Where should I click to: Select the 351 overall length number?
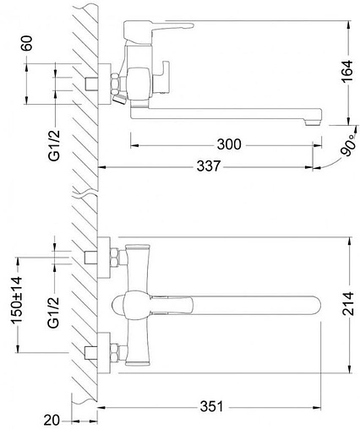pyautogui.click(x=212, y=405)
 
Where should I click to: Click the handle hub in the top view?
pyautogui.click(x=132, y=307)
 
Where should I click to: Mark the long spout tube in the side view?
pyautogui.click(x=228, y=112)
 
